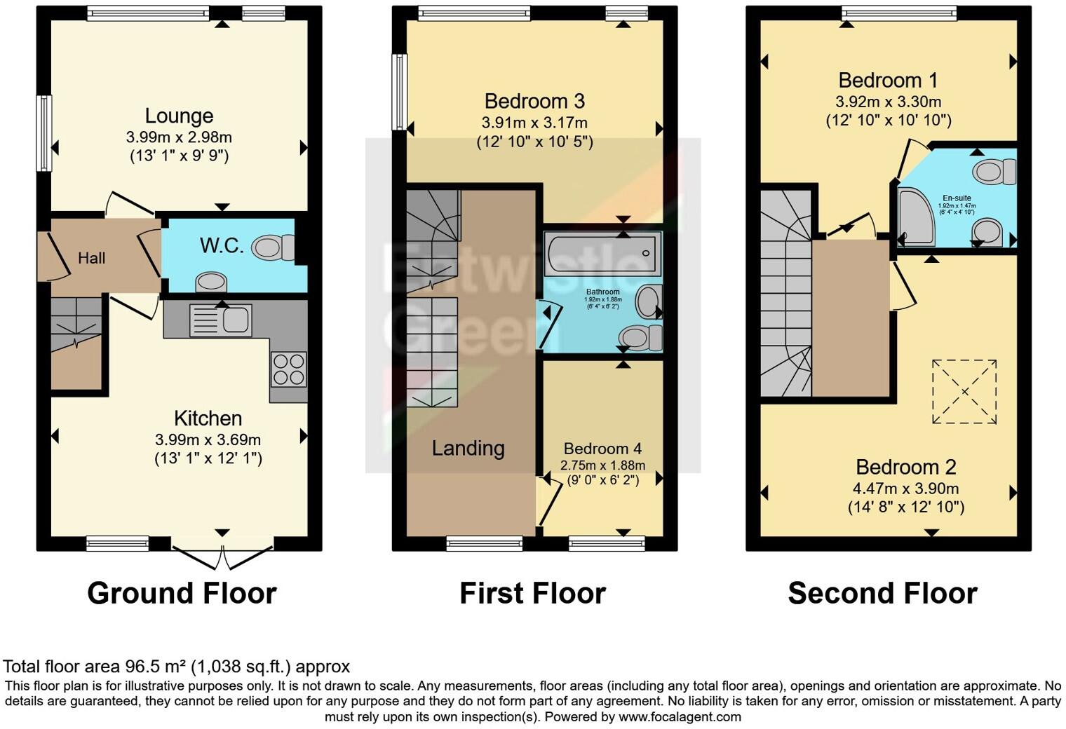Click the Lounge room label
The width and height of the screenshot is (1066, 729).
coord(179,116)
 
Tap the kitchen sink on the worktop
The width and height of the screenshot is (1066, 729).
coord(221,320)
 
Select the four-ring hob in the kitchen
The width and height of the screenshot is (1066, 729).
coord(288,369)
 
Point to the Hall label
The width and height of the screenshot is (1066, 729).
coord(91,258)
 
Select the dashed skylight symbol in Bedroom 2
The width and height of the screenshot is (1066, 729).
coord(964,392)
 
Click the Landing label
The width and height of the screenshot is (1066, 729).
coord(468,448)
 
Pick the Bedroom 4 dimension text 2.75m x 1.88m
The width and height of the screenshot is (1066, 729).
coord(602,465)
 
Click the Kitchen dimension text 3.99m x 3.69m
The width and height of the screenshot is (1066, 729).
coord(208,440)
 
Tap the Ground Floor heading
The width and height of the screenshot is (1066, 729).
coord(182,593)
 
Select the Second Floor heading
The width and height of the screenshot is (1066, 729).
coord(882,593)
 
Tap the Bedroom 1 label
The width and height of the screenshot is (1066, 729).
coord(888,80)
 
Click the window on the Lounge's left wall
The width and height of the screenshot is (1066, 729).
coord(44,133)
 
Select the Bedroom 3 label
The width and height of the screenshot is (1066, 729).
coord(534,102)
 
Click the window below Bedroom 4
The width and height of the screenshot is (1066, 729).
coord(607,543)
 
